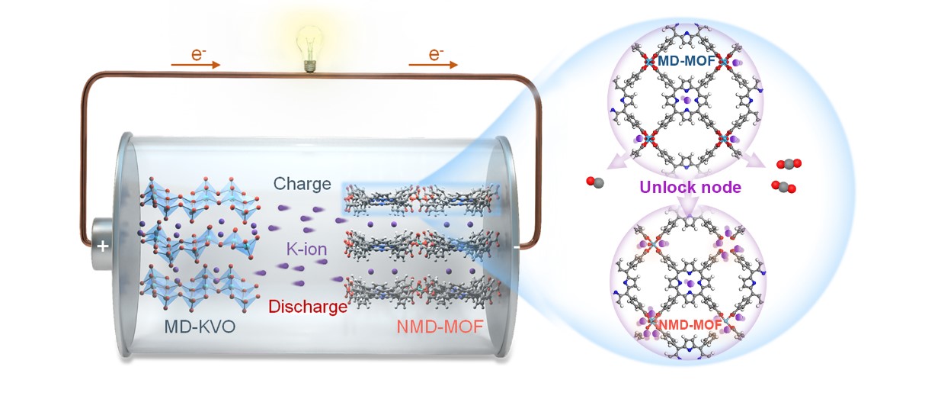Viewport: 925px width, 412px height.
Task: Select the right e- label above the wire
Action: [437, 55]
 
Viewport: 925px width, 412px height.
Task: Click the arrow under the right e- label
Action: [434, 66]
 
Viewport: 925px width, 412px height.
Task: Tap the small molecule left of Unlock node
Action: [594, 182]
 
